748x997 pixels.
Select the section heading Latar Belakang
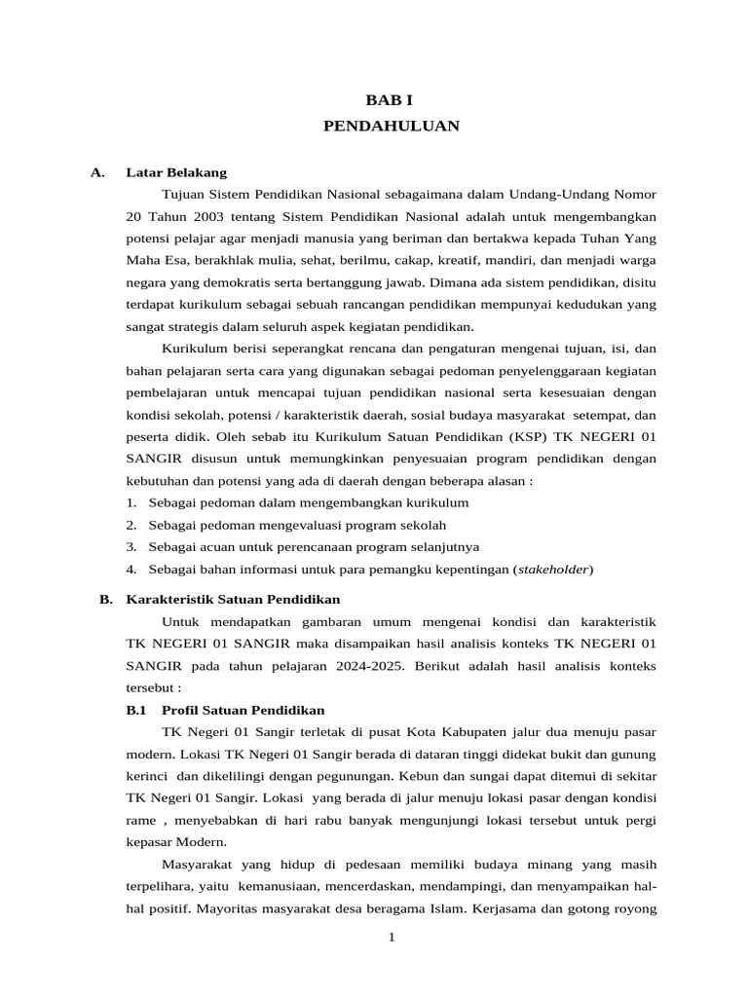(176, 172)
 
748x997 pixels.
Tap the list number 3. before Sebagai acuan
(131, 546)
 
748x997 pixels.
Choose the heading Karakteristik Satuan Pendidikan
(234, 599)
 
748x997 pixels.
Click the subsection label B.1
(135, 710)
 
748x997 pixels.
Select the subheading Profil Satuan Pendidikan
(243, 710)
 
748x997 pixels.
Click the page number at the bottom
(391, 937)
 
